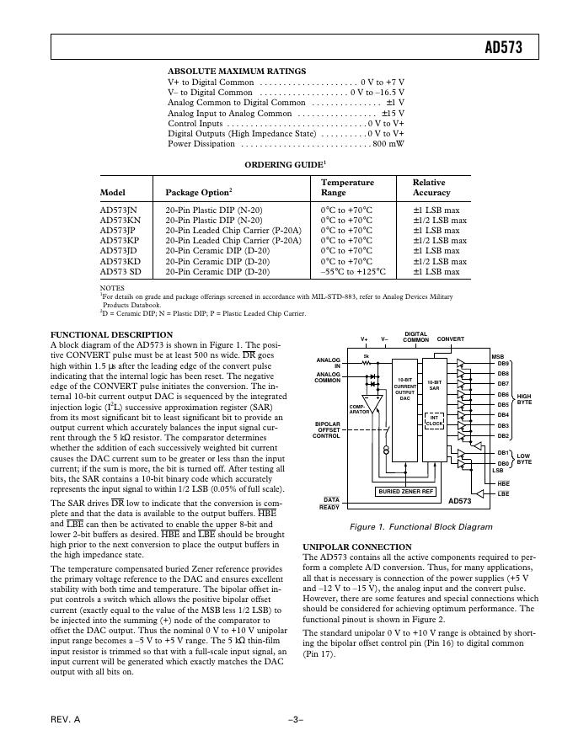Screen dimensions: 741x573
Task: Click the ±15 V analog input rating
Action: (393, 113)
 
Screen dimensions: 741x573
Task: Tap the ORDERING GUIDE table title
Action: (284, 164)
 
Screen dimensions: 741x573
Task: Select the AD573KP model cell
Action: (120, 240)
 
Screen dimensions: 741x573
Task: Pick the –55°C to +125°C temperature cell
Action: (353, 271)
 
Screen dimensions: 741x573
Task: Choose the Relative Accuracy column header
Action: (431, 188)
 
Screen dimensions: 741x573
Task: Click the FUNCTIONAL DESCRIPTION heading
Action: (111, 334)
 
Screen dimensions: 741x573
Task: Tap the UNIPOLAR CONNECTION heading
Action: (357, 546)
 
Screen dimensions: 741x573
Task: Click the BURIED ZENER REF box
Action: (405, 491)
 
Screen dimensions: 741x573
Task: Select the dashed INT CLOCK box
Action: (435, 419)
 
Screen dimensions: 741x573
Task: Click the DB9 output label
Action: (503, 364)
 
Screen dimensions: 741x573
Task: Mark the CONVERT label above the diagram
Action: (451, 339)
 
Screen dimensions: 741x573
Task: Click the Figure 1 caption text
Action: (409, 526)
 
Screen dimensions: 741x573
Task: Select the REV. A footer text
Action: (65, 720)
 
